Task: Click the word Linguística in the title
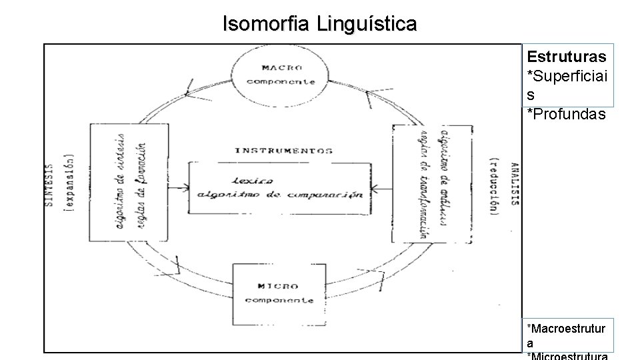pyautogui.click(x=367, y=25)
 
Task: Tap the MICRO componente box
pyautogui.click(x=279, y=293)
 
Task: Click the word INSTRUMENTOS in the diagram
pyautogui.click(x=283, y=151)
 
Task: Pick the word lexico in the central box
pyautogui.click(x=253, y=181)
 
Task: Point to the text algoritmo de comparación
pyautogui.click(x=280, y=195)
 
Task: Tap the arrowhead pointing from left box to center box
pyautogui.click(x=185, y=189)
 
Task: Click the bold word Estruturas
pyautogui.click(x=567, y=56)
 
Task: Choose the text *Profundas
pyautogui.click(x=566, y=114)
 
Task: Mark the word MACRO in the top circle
pyautogui.click(x=282, y=68)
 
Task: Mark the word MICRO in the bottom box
pyautogui.click(x=278, y=286)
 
